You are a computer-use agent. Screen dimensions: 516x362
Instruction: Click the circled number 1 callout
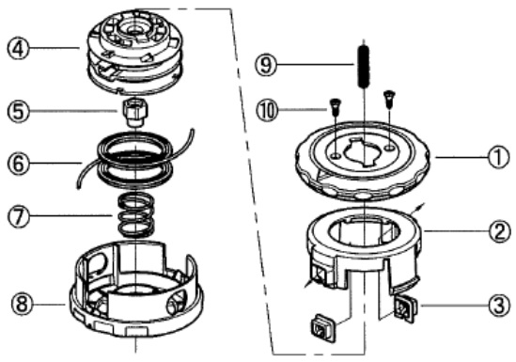tap(498, 158)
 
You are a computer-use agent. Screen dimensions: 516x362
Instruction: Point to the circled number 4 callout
tap(18, 49)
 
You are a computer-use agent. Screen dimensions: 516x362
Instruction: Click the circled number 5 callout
tap(18, 111)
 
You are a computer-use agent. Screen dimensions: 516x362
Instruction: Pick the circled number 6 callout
tap(18, 164)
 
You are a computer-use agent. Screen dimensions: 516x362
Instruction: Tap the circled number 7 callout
tap(19, 216)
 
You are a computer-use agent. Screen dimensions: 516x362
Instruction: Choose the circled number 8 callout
tap(22, 304)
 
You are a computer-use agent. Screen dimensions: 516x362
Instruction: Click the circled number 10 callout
tap(267, 111)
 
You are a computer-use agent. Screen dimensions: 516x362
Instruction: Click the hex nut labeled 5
tap(135, 113)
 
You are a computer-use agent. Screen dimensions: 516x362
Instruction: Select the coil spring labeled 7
tap(135, 215)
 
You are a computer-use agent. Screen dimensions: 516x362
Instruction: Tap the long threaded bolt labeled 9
tap(364, 67)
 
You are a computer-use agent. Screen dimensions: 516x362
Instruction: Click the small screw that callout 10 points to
tap(335, 106)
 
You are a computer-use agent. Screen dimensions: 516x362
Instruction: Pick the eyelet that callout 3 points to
tap(405, 307)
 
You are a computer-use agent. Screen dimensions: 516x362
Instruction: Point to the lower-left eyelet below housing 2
tap(322, 328)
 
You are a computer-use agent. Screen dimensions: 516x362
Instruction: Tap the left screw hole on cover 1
tap(336, 155)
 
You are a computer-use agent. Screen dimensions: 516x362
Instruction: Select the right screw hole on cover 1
tap(390, 149)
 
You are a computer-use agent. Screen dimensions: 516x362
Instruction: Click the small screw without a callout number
tap(389, 99)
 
